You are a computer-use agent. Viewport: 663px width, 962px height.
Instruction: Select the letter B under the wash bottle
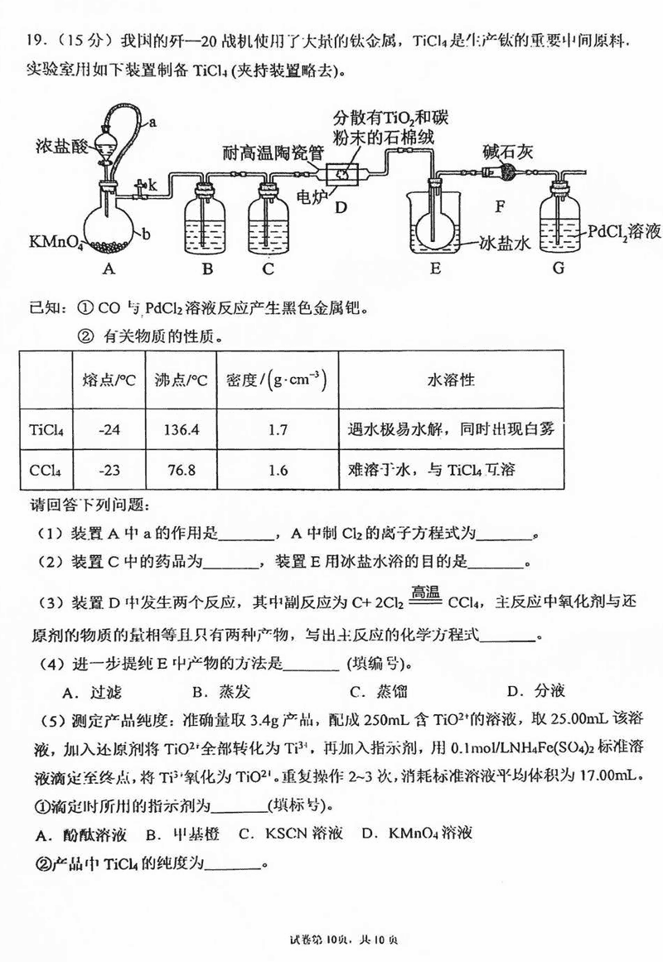point(208,268)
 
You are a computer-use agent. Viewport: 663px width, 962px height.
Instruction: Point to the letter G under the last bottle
point(558,268)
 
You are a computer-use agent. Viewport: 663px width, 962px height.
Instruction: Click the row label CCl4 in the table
point(41,471)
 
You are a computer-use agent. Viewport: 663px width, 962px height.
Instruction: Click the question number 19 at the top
point(34,40)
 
